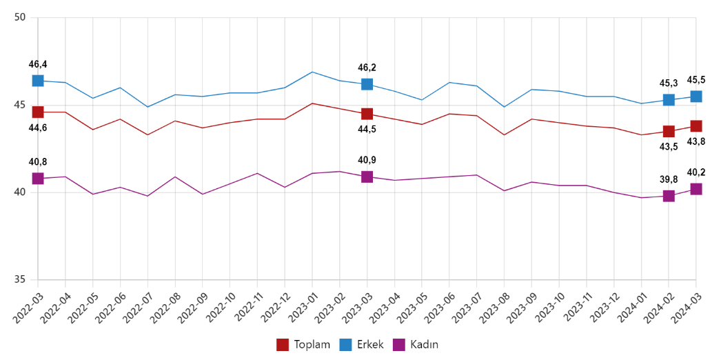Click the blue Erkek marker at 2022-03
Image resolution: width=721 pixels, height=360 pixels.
[37, 81]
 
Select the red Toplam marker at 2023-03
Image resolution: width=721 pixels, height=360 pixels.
[367, 114]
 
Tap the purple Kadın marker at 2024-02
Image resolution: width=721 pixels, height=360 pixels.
[669, 196]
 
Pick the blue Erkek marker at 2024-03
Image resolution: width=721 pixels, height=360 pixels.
[696, 97]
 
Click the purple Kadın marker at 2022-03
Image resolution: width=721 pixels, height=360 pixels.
[37, 179]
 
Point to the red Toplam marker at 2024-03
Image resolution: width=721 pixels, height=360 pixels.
[696, 126]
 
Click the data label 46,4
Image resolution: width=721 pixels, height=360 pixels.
[38, 64]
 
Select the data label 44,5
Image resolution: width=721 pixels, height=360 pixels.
[367, 129]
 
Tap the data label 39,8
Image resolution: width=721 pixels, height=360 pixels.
[669, 179]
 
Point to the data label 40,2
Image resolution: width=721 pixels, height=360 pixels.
[696, 172]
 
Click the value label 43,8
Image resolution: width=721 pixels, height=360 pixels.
[696, 141]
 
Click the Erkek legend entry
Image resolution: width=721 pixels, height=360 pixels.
[361, 345]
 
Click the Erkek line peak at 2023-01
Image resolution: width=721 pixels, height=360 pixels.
[312, 72]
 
